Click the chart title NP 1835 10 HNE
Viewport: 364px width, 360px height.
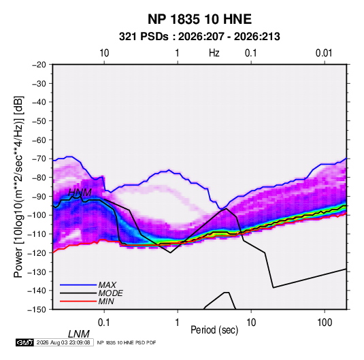pyautogui.click(x=199, y=19)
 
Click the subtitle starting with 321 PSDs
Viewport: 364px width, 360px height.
pyautogui.click(x=199, y=37)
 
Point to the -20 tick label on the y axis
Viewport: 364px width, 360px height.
pyautogui.click(x=39, y=65)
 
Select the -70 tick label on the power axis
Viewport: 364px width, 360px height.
pyautogui.click(x=39, y=159)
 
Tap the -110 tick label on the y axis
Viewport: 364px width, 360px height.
pyautogui.click(x=37, y=234)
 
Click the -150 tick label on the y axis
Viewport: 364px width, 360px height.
pyautogui.click(x=37, y=310)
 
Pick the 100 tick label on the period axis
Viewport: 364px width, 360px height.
pyautogui.click(x=325, y=322)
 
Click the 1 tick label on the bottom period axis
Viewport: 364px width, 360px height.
pyautogui.click(x=178, y=322)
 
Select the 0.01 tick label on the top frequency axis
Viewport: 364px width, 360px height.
pyautogui.click(x=324, y=53)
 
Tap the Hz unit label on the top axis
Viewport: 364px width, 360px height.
pyautogui.click(x=214, y=53)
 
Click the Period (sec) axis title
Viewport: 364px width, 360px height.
pyautogui.click(x=214, y=330)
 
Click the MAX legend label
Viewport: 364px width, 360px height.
pyautogui.click(x=107, y=284)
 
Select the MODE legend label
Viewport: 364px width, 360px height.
pyautogui.click(x=110, y=293)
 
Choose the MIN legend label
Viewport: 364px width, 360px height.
pyautogui.click(x=106, y=301)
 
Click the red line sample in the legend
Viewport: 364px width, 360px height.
pyautogui.click(x=78, y=301)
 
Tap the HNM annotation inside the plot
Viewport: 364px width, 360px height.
pyautogui.click(x=80, y=193)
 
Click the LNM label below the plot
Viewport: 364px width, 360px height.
pyautogui.click(x=79, y=334)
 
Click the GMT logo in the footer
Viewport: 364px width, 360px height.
pyautogui.click(x=25, y=342)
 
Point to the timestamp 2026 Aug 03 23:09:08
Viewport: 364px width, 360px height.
pyautogui.click(x=63, y=342)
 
